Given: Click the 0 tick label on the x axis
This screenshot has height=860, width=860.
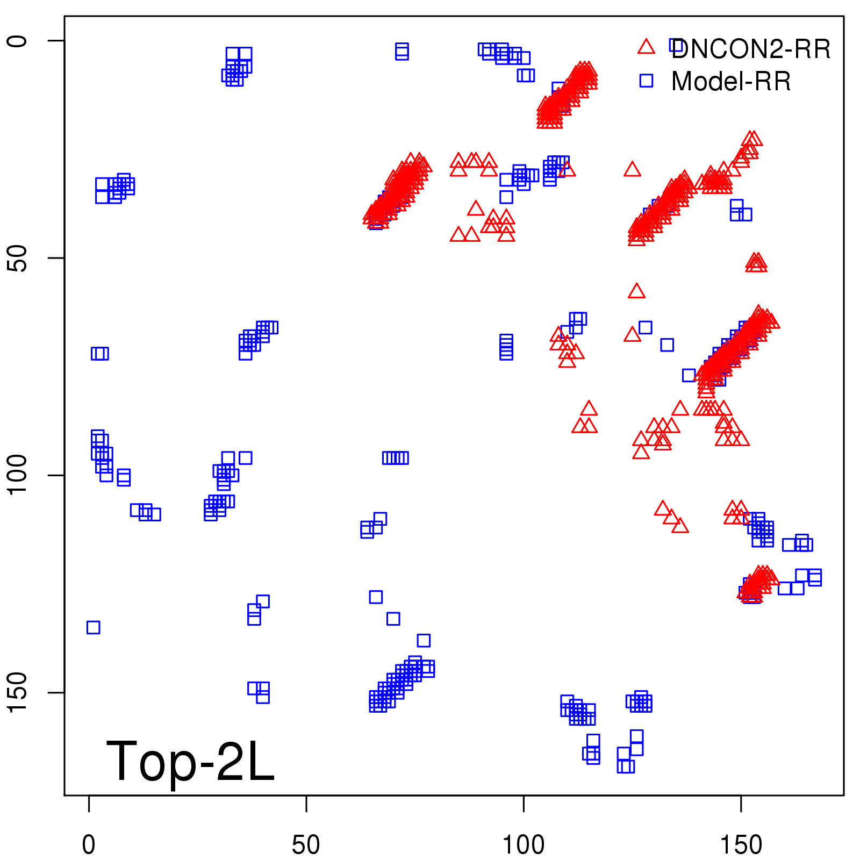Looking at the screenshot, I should pyautogui.click(x=89, y=845).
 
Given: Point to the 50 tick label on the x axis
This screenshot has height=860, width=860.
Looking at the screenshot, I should pyautogui.click(x=306, y=845).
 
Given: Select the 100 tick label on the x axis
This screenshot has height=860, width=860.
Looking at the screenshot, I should pyautogui.click(x=523, y=845).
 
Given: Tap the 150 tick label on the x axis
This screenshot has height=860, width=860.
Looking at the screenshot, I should pyautogui.click(x=741, y=845).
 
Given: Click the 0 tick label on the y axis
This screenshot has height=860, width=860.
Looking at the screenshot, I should pyautogui.click(x=17, y=41).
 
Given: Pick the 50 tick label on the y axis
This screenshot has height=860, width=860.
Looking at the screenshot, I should pyautogui.click(x=17, y=258).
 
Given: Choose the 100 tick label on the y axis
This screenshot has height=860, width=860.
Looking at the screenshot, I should pyautogui.click(x=17, y=475).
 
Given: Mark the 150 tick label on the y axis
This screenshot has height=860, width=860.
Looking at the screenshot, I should pyautogui.click(x=17, y=692).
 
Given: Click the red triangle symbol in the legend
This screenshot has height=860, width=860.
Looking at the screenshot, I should pyautogui.click(x=646, y=47).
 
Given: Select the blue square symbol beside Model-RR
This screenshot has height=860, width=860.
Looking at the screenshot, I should pyautogui.click(x=646, y=81).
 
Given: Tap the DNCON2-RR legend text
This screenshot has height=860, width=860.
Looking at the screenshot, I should pyautogui.click(x=751, y=49).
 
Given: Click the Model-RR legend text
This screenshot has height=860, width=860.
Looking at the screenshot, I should pyautogui.click(x=731, y=82).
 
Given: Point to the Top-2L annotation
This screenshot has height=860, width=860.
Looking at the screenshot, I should pyautogui.click(x=190, y=761).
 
